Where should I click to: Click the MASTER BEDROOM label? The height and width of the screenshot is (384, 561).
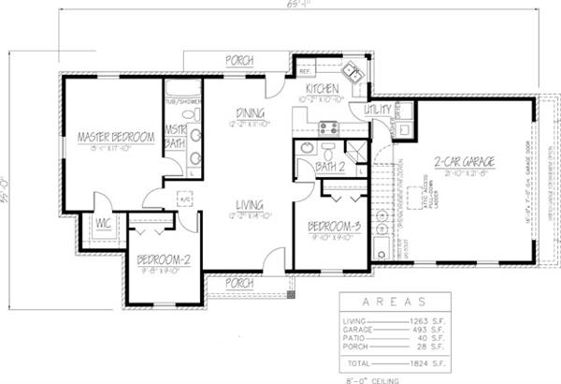115,137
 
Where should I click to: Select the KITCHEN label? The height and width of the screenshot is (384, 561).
321,87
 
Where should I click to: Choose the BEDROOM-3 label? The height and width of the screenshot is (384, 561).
334,224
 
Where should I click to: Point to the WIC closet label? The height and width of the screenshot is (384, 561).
104,223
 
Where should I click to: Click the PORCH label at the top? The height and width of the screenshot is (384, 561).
238,61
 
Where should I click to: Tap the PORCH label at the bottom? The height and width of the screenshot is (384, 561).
240,282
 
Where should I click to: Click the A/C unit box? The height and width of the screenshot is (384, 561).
184,199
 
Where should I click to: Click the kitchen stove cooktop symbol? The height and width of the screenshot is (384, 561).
328,129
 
